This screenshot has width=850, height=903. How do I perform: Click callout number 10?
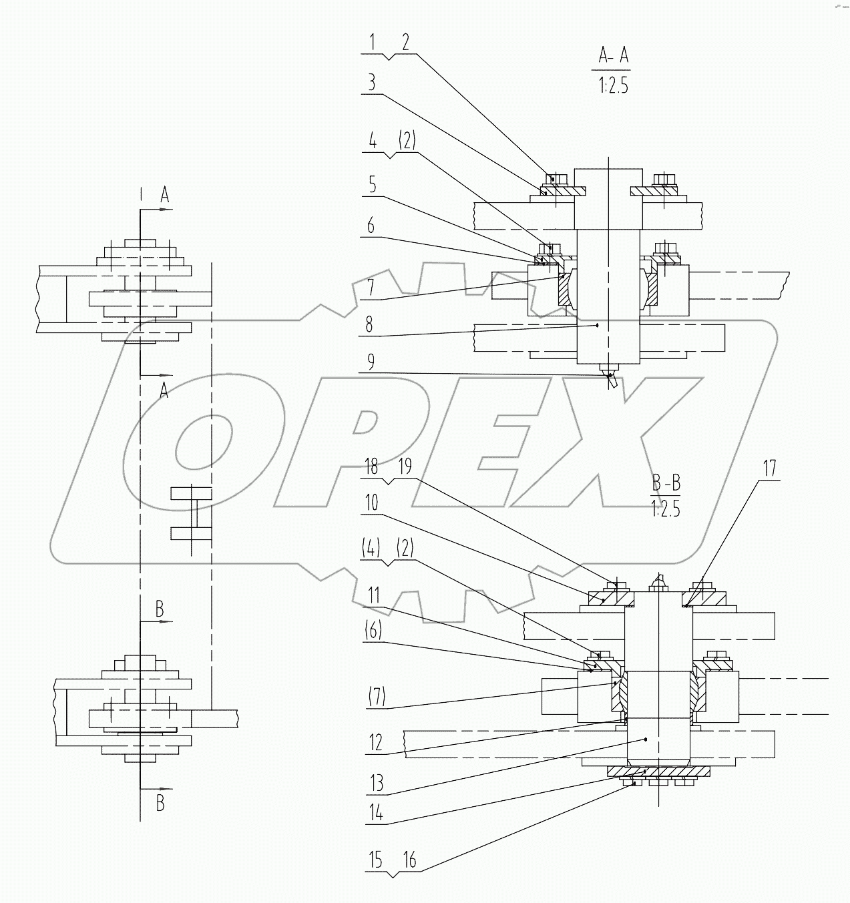tap(371, 503)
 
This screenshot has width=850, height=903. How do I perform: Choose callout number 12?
tap(376, 742)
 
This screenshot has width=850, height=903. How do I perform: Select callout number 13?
tap(377, 782)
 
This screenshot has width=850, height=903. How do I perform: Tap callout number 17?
tap(770, 468)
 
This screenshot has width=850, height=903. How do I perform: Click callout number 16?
tap(410, 861)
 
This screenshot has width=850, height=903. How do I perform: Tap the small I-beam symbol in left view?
tap(191, 513)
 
